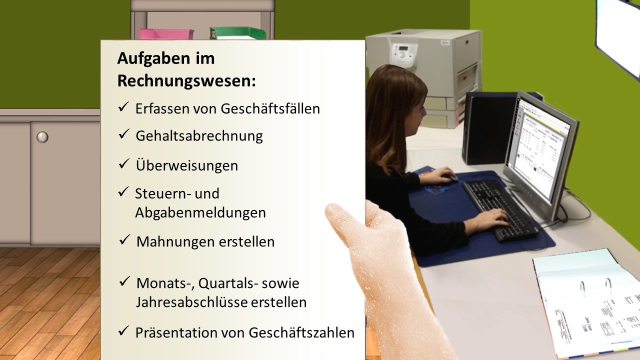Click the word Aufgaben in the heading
tap(153, 58)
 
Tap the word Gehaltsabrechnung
tap(199, 136)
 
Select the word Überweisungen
tap(187, 165)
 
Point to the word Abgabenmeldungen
tap(200, 213)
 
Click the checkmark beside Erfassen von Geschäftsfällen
tap(123, 106)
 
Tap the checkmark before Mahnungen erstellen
tap(124, 240)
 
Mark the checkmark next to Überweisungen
tap(123, 163)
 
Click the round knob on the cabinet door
tap(42, 137)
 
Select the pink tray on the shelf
tap(165, 34)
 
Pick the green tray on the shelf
tap(237, 33)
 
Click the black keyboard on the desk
tap(500, 210)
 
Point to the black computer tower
tap(485, 128)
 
